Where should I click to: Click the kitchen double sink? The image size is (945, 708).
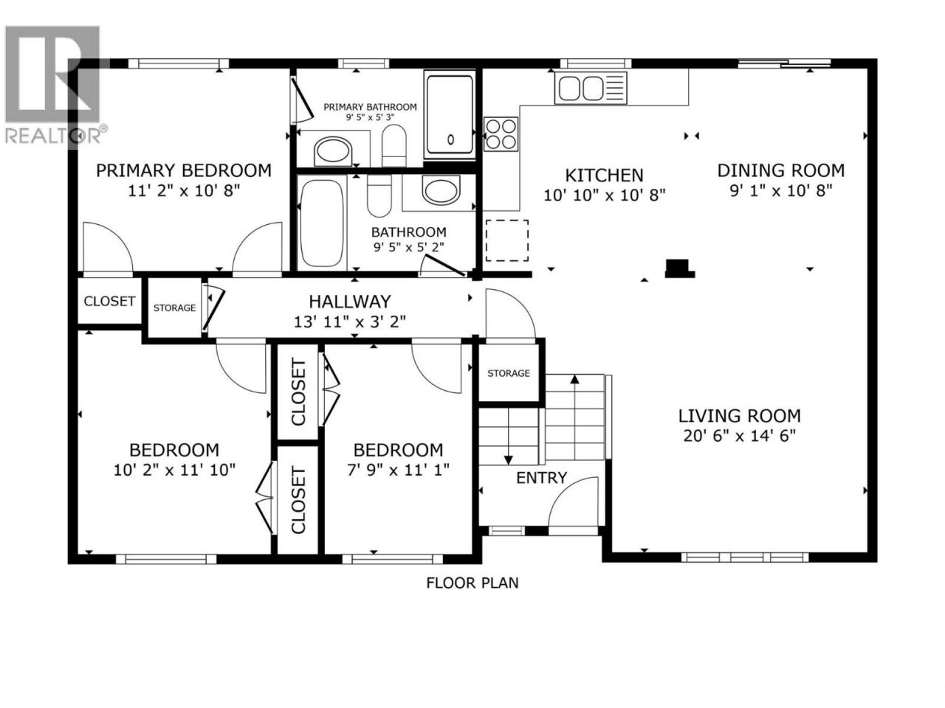[590, 88]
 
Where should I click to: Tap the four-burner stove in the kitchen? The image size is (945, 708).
[501, 134]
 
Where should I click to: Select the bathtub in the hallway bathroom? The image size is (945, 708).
[322, 223]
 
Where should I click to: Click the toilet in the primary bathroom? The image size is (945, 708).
[394, 146]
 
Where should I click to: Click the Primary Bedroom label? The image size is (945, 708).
[183, 170]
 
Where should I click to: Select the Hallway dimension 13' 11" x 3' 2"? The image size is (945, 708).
[350, 322]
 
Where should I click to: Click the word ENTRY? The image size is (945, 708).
[541, 478]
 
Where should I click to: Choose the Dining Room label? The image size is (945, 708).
[780, 170]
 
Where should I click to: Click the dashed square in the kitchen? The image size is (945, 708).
[507, 240]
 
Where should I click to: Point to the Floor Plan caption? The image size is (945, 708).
[472, 583]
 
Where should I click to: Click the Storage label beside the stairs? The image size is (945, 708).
[509, 373]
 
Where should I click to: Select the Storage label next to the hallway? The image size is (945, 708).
[174, 308]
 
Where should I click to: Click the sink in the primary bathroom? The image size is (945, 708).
[333, 151]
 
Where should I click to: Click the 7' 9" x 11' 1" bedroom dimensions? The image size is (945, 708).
[398, 470]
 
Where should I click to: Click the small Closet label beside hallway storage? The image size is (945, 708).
[109, 301]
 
